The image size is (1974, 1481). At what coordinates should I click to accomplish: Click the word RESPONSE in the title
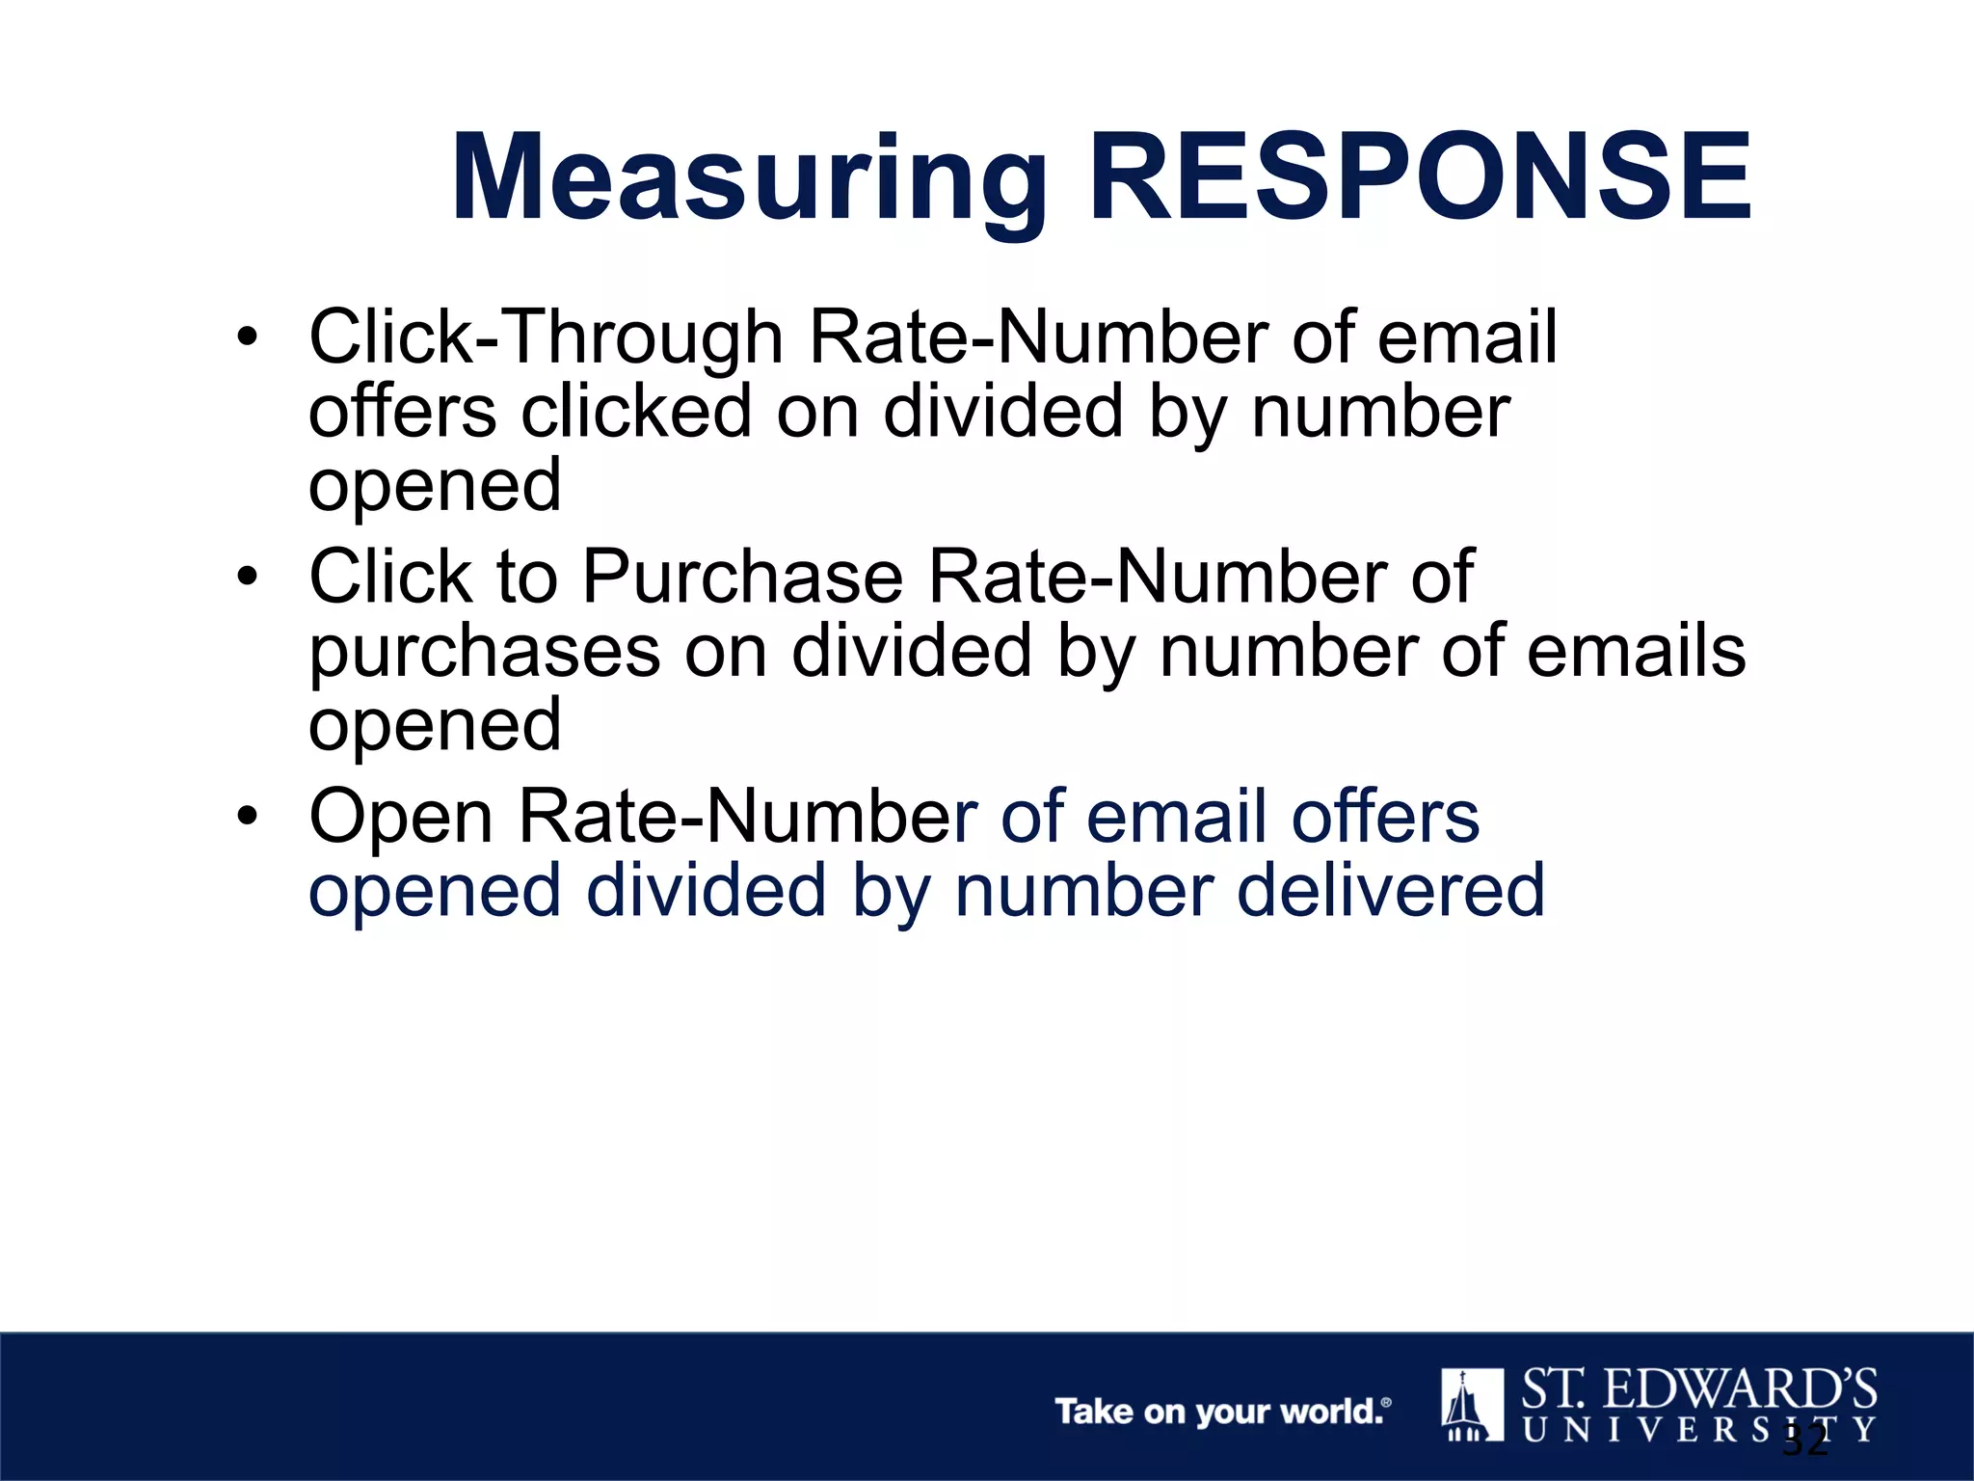point(1420,180)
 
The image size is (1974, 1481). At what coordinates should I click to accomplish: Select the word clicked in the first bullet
point(635,412)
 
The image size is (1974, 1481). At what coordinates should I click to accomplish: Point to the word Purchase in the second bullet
point(743,578)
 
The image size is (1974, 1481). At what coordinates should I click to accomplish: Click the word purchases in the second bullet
point(484,653)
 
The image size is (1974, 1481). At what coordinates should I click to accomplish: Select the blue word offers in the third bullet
point(1384,817)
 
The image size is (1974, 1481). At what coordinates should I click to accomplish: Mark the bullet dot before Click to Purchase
point(248,578)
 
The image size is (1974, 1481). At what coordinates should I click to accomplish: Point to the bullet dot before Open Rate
point(248,817)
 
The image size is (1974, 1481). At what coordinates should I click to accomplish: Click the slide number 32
point(1804,1441)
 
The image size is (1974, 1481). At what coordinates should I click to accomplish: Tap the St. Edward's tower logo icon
point(1472,1404)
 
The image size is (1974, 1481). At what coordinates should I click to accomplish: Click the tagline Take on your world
point(1222,1412)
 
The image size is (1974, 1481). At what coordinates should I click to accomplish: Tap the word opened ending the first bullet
point(435,486)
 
